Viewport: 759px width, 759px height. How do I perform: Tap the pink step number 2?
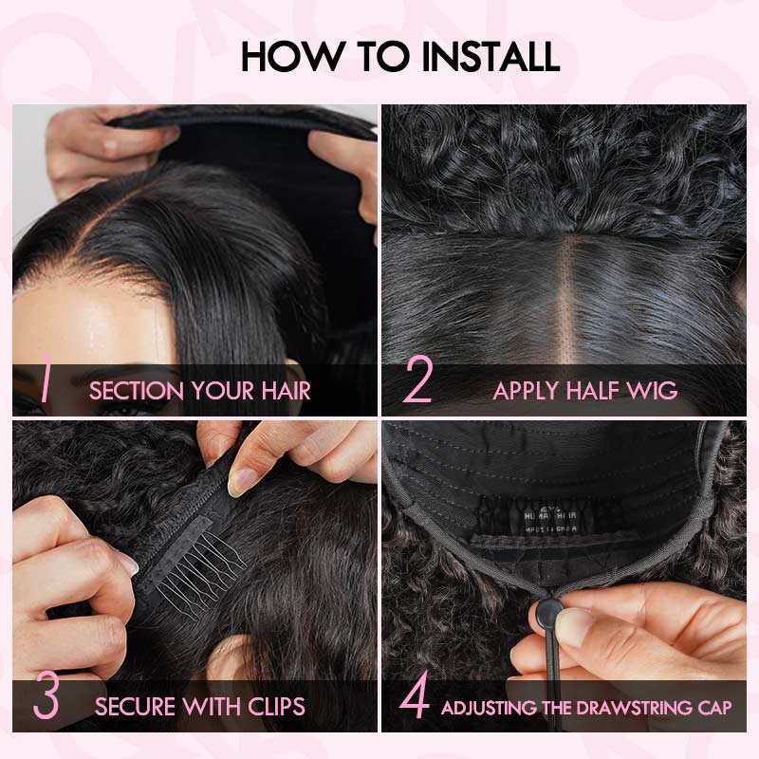tap(417, 384)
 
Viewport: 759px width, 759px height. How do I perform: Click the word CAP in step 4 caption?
tap(713, 708)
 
